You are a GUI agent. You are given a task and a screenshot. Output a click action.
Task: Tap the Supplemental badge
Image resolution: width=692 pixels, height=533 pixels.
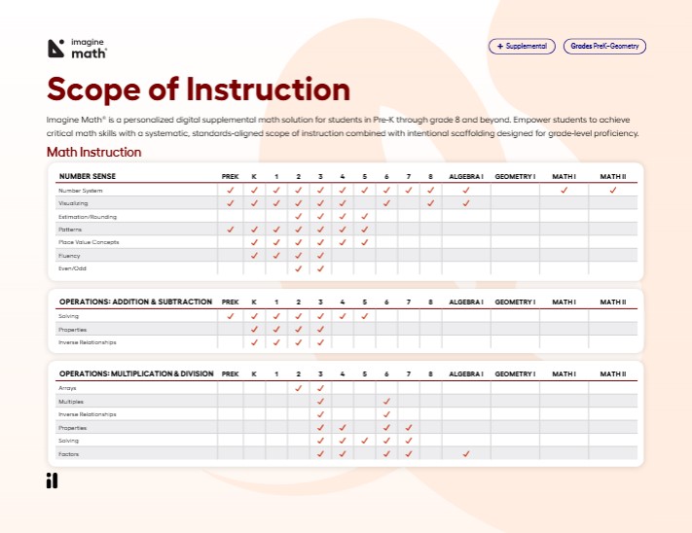[x=523, y=46]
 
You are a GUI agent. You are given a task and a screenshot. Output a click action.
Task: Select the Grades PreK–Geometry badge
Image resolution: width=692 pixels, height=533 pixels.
[x=604, y=46]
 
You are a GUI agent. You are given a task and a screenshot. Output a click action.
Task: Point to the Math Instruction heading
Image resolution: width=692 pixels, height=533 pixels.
[x=94, y=152]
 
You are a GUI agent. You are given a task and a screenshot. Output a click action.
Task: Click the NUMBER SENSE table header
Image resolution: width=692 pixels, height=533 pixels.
[x=88, y=176]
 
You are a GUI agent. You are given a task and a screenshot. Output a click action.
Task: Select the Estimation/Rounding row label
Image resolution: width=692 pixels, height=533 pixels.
[x=89, y=216]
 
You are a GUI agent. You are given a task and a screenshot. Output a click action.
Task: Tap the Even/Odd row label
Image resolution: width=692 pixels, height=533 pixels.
[x=73, y=267]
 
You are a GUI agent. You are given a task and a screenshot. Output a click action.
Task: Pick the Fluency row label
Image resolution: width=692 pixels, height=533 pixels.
[x=69, y=255]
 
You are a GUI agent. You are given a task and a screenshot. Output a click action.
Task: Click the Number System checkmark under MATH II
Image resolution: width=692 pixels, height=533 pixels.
[x=613, y=191]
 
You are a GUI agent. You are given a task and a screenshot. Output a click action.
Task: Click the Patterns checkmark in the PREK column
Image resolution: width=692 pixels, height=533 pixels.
[x=231, y=230]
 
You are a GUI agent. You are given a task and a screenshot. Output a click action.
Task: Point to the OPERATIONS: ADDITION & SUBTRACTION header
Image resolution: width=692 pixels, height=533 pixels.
[x=135, y=302]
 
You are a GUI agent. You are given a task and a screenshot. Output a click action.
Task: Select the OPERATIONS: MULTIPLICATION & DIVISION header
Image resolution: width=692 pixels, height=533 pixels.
[x=135, y=373]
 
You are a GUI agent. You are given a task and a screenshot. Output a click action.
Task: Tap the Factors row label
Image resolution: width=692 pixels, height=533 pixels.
[x=69, y=453]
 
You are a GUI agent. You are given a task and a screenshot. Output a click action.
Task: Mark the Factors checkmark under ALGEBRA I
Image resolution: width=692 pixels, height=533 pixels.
[x=466, y=453]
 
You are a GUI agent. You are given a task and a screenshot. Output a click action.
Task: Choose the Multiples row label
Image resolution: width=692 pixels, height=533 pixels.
[x=71, y=402]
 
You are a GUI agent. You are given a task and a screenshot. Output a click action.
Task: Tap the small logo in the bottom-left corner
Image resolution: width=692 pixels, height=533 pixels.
[x=52, y=481]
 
